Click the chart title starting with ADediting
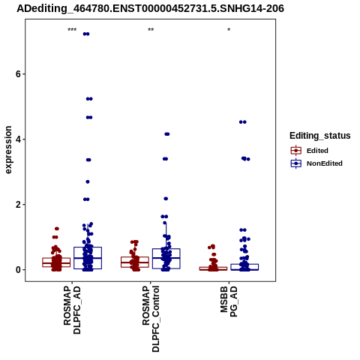pyautogui.click(x=150, y=9)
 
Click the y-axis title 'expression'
pyautogui.click(x=8, y=150)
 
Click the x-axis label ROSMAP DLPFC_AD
pyautogui.click(x=72, y=310)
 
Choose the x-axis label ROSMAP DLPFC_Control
pyautogui.click(x=151, y=319)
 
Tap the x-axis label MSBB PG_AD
pyautogui.click(x=229, y=301)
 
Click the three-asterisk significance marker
pyautogui.click(x=72, y=30)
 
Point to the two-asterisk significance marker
pyautogui.click(x=151, y=30)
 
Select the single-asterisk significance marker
pyautogui.click(x=229, y=30)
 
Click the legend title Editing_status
pyautogui.click(x=320, y=136)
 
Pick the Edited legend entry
pyautogui.click(x=310, y=151)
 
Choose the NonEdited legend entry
pyautogui.click(x=316, y=163)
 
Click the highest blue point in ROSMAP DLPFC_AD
pyautogui.click(x=86, y=34)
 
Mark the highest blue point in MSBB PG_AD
pyautogui.click(x=243, y=122)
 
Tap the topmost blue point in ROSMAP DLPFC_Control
pyautogui.click(x=167, y=134)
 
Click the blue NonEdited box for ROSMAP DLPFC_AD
pyautogui.click(x=88, y=258)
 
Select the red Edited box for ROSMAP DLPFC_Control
pyautogui.click(x=135, y=262)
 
